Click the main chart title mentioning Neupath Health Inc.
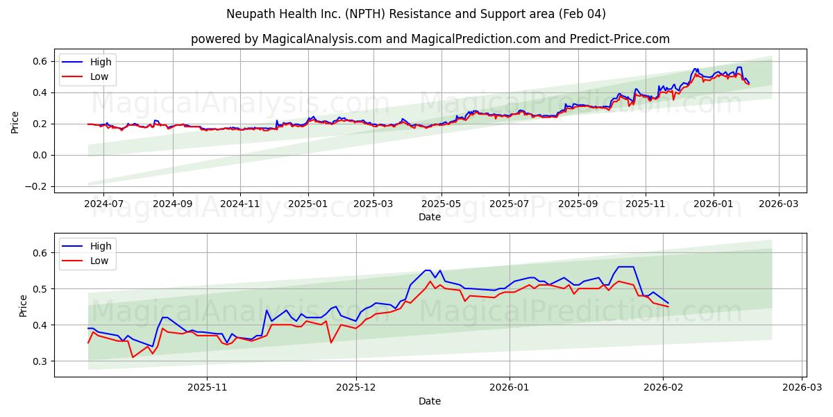[x=416, y=14]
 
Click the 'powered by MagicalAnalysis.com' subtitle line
[x=430, y=39]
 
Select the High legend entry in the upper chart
[x=100, y=62]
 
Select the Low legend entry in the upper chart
[x=99, y=76]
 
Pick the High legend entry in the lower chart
[x=100, y=246]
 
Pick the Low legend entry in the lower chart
[x=99, y=261]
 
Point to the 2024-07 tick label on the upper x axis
[x=103, y=204]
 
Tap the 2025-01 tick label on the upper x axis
[x=308, y=204]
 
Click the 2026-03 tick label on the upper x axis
[x=778, y=204]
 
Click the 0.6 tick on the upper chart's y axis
[x=40, y=61]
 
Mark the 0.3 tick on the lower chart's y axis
[x=40, y=361]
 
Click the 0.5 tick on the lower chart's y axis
[x=40, y=289]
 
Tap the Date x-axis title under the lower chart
[x=429, y=401]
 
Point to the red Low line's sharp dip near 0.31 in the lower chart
[x=133, y=357]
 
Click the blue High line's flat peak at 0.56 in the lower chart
[x=625, y=267]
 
